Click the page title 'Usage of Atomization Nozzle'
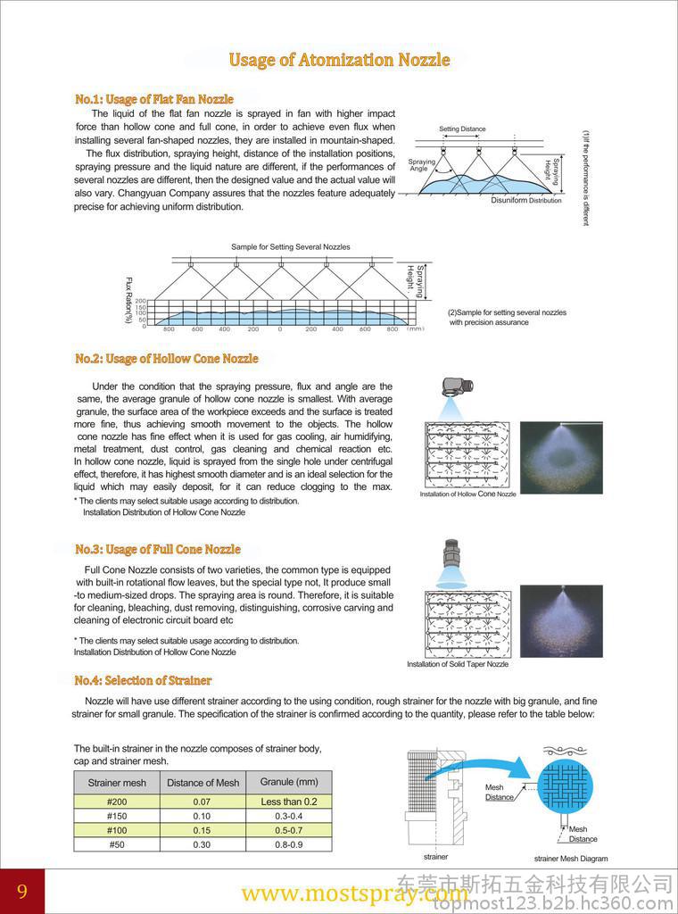click(x=339, y=60)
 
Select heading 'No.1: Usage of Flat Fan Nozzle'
click(x=154, y=99)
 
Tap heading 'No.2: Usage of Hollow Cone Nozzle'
click(x=167, y=359)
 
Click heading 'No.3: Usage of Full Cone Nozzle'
click(x=158, y=549)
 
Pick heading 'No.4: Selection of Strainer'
click(x=144, y=680)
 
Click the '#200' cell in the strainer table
click(x=117, y=802)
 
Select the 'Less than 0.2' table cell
click(x=289, y=802)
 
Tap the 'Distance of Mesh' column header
click(x=203, y=783)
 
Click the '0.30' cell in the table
click(x=202, y=844)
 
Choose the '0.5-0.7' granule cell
click(x=289, y=830)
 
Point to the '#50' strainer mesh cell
click(x=117, y=844)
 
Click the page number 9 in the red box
click(x=21, y=892)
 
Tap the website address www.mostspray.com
click(x=354, y=893)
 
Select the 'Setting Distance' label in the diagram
click(x=462, y=129)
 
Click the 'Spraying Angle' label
click(x=421, y=165)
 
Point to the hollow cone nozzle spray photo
click(x=561, y=457)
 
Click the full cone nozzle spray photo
click(x=561, y=621)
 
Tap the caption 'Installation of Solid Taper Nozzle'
click(x=458, y=664)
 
